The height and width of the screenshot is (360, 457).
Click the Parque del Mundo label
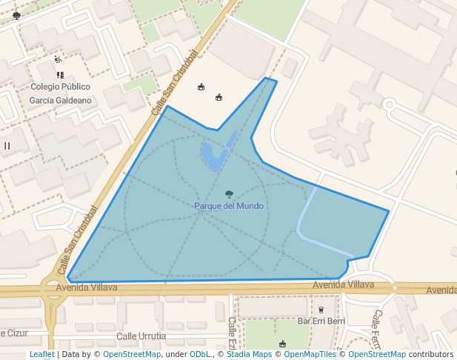(x=229, y=205)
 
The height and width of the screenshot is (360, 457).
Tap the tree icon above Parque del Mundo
(x=229, y=194)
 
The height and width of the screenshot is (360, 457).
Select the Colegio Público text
(x=60, y=87)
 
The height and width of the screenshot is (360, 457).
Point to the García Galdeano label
(x=60, y=100)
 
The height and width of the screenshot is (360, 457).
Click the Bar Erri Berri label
(x=321, y=321)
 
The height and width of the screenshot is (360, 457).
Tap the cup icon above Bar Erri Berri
(x=321, y=310)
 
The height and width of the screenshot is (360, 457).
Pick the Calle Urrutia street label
(x=141, y=336)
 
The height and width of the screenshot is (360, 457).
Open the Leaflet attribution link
(x=41, y=354)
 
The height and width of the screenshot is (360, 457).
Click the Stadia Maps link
(x=249, y=354)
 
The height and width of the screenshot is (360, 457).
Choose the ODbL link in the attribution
(x=200, y=354)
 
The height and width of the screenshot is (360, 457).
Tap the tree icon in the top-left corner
(x=16, y=15)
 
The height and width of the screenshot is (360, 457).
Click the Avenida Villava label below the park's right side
(x=343, y=284)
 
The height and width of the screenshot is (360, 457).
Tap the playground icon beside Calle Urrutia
(x=282, y=344)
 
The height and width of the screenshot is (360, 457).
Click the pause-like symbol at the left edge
(x=7, y=146)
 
